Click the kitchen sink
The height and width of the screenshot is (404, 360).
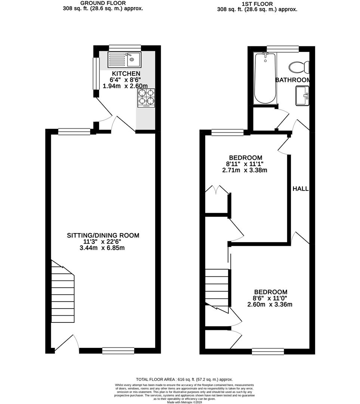(124, 59)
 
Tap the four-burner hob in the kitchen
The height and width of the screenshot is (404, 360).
(146, 98)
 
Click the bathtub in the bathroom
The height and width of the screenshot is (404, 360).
(265, 79)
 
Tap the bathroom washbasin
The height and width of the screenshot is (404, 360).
(302, 96)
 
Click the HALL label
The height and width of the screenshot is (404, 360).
(300, 189)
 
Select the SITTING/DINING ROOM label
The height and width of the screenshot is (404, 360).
(103, 235)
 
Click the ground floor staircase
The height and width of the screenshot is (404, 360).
(63, 292)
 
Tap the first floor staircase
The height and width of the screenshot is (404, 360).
(217, 287)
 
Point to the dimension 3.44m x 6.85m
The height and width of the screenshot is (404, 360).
(103, 248)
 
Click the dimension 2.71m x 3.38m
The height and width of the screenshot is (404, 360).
(245, 170)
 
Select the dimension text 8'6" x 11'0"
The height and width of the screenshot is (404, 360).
(270, 299)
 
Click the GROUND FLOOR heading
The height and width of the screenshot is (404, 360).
(102, 3)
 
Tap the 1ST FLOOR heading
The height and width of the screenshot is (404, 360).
(257, 4)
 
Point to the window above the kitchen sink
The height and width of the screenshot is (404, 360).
(125, 48)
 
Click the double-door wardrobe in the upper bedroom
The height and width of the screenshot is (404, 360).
(217, 190)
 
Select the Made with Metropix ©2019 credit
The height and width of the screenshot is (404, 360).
(180, 402)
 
